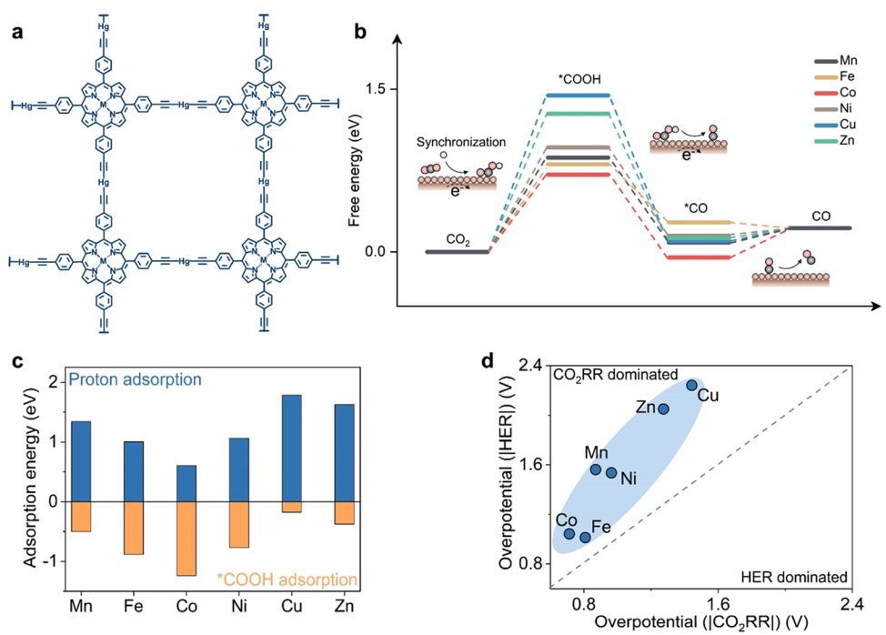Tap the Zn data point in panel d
tap(664, 408)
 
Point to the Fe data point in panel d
tap(585, 537)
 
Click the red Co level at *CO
tap(700, 257)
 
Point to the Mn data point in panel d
tap(596, 469)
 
